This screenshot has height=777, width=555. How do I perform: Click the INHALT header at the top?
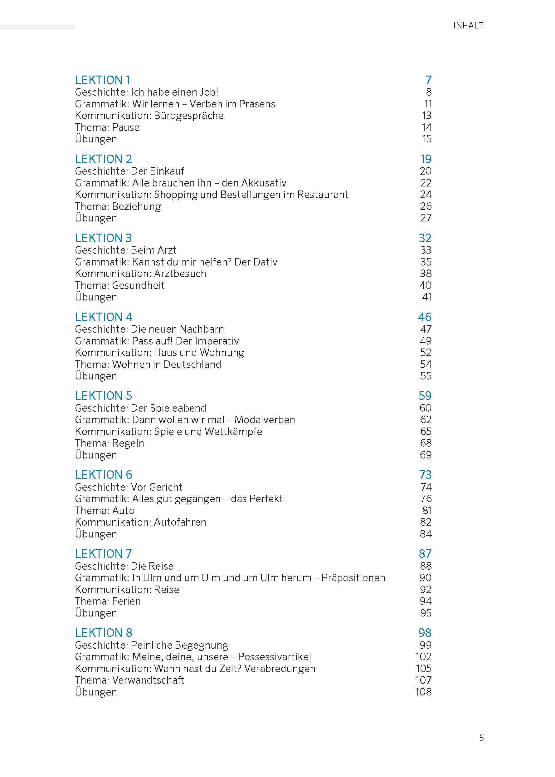click(x=468, y=26)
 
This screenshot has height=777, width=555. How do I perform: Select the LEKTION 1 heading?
click(x=103, y=80)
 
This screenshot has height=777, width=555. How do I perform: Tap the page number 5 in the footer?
click(x=481, y=738)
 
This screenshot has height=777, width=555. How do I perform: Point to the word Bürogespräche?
click(x=188, y=116)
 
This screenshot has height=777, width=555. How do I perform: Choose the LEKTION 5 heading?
click(x=103, y=396)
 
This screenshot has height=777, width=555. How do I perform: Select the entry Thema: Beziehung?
click(x=118, y=206)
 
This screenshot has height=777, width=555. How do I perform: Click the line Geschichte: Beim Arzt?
click(x=125, y=250)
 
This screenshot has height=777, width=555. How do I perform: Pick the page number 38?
click(x=426, y=273)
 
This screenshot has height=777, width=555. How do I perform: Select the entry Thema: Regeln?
click(x=110, y=443)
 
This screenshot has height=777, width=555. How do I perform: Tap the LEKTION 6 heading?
click(x=103, y=475)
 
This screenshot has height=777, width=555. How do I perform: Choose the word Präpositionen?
click(x=353, y=578)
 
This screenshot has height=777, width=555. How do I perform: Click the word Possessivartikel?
click(x=275, y=657)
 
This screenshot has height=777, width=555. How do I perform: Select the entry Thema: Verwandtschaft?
click(x=129, y=680)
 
